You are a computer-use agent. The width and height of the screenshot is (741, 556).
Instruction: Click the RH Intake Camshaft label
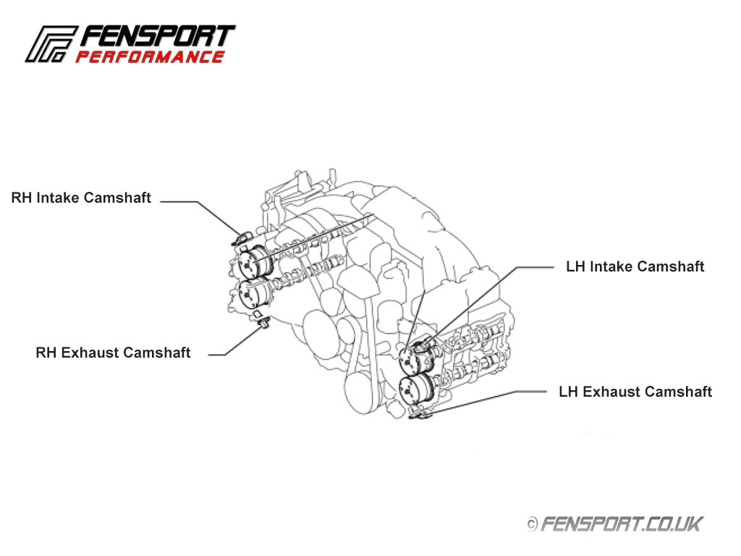point(81,198)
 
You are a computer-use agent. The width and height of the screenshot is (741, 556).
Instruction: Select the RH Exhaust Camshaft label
point(113,353)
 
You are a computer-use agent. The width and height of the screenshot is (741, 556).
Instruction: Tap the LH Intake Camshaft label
point(635,266)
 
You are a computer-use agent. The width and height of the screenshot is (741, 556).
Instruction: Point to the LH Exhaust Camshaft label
point(635,392)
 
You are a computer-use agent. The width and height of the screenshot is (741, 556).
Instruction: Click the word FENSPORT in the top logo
point(157,37)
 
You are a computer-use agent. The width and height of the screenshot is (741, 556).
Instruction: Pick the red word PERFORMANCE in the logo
point(150,57)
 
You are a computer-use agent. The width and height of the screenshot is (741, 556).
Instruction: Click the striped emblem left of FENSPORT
point(51,45)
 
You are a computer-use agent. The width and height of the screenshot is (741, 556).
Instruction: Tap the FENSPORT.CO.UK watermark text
point(622,523)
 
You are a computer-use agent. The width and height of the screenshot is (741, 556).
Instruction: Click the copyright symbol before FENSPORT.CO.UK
point(532,523)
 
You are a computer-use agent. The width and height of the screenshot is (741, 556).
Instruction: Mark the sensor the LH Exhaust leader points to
point(420,413)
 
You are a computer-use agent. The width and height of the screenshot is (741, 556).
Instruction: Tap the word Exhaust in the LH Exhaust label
point(611,392)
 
